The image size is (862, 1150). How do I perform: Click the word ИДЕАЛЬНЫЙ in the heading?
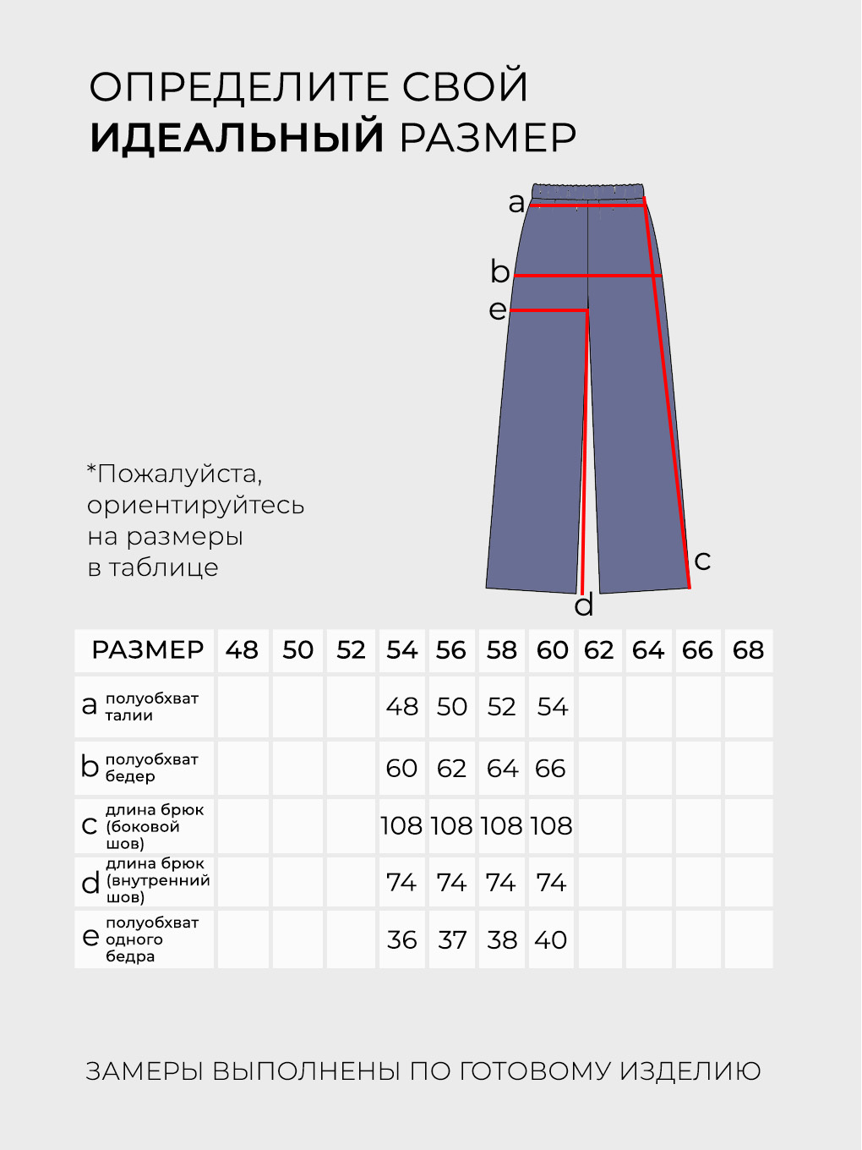237,137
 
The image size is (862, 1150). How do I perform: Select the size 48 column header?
242,650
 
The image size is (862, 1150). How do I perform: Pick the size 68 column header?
748,650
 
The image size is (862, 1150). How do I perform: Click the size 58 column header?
501,650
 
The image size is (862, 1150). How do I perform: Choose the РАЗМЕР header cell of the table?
148,650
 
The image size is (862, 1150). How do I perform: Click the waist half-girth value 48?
402,706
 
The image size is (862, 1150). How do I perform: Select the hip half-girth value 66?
550,768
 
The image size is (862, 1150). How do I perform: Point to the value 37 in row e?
452,939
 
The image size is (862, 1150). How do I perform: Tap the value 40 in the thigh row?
551,939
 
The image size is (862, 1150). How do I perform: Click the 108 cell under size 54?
401,825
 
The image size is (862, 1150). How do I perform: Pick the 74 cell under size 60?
551,883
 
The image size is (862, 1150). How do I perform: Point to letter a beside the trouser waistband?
516,203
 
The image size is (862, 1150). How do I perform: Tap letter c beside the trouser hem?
702,560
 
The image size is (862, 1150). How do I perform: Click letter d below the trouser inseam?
584,605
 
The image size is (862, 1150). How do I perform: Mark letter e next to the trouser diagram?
498,309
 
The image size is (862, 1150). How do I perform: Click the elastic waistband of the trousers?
589,189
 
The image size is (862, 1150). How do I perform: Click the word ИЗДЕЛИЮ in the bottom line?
690,1071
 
